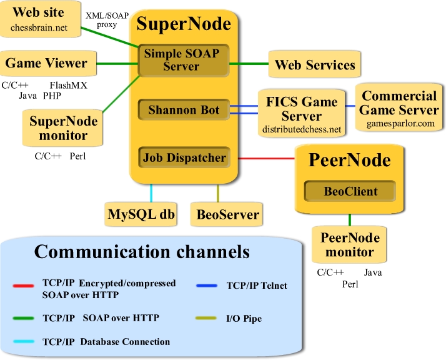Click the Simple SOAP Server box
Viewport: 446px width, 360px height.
(x=182, y=59)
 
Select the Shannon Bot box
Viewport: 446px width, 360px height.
(x=184, y=111)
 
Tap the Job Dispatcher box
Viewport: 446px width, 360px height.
(x=184, y=158)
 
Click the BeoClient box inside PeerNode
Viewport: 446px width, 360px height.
(x=350, y=191)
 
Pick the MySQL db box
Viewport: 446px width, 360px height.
(x=141, y=214)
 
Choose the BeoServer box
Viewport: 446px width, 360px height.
(x=227, y=214)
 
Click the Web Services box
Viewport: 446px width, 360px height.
(x=315, y=65)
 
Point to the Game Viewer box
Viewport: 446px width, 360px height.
(x=46, y=63)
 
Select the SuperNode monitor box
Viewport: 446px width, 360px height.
(x=58, y=127)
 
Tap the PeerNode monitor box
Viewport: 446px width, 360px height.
(x=350, y=245)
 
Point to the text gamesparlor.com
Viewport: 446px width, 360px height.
(x=400, y=124)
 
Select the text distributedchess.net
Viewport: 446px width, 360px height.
(x=302, y=130)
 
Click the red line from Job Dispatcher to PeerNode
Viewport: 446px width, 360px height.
(x=265, y=158)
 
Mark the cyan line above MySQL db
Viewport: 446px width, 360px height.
(x=152, y=192)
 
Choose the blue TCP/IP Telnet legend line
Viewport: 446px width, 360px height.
(x=208, y=286)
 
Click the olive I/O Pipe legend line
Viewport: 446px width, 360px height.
(x=208, y=319)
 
